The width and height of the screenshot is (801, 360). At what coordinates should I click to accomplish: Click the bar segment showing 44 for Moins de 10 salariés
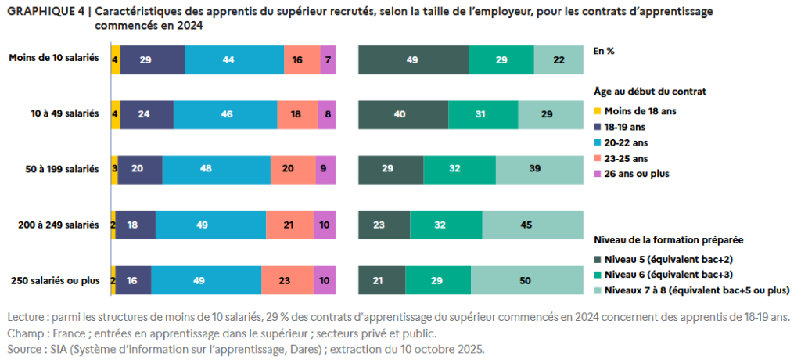pos(234,59)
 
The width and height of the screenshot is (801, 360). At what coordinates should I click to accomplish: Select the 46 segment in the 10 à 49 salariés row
pos(225,114)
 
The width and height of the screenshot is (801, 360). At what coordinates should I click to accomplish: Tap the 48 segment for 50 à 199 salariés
pos(217,169)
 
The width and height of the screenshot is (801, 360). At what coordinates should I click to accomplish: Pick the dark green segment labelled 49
pos(413,59)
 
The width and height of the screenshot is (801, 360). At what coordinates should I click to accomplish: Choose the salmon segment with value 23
pos(287,280)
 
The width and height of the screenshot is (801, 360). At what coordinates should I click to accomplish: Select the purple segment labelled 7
pos(328,59)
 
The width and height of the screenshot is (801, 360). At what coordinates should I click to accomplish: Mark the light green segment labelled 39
pos(539,169)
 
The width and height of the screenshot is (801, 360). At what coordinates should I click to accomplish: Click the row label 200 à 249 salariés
pos(58,225)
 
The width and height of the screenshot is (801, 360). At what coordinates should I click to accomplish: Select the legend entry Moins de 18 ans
pos(641,110)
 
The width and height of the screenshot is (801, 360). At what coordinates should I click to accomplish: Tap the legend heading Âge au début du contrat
pos(649,90)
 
